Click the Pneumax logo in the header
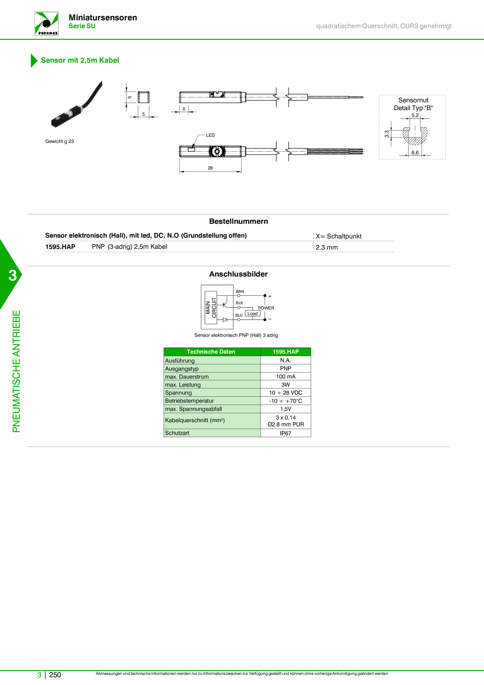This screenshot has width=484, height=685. [x=46, y=24]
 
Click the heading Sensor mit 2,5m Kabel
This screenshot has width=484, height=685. [x=80, y=60]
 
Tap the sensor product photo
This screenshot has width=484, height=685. [x=77, y=104]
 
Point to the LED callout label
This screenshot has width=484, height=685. [x=210, y=135]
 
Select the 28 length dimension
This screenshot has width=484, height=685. [x=210, y=168]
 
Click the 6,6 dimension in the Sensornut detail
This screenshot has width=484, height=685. [x=415, y=153]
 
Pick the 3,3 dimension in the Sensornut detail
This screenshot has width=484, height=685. [x=386, y=134]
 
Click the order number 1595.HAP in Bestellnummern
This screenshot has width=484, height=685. [x=60, y=247]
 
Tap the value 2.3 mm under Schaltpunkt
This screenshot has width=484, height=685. [x=327, y=247]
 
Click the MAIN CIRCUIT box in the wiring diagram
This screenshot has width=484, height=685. [x=211, y=308]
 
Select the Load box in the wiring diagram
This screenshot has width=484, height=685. [x=253, y=314]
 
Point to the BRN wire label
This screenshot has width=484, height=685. [x=240, y=292]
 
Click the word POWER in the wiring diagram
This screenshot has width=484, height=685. [x=266, y=308]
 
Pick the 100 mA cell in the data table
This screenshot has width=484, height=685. [x=286, y=376]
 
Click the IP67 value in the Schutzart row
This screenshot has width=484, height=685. [x=286, y=433]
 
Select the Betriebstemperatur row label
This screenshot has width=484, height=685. [x=190, y=401]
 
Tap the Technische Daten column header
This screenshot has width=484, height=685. [x=211, y=352]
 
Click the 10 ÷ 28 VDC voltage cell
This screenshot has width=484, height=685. [x=286, y=393]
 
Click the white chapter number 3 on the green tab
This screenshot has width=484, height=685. [x=13, y=276]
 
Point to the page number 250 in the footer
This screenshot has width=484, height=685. [x=55, y=675]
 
